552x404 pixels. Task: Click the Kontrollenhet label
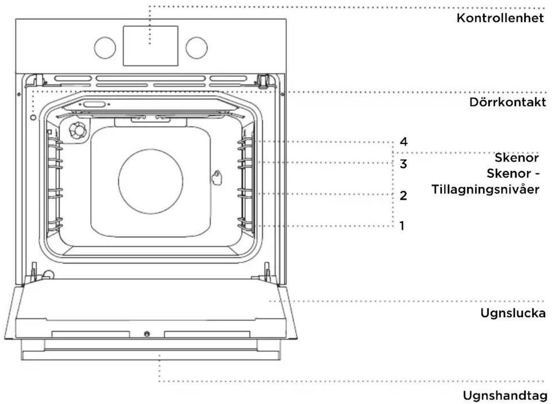coord(500,18)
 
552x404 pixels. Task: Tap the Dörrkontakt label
coord(507,102)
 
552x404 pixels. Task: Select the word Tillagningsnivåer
coord(485,190)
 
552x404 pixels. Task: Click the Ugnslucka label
coord(513,313)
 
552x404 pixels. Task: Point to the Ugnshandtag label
coord(505,395)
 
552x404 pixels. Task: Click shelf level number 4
coord(404,142)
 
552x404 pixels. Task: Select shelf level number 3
coord(403,164)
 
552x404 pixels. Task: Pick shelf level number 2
coord(403,195)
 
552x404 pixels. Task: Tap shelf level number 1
coord(402,226)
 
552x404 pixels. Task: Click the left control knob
coord(105,48)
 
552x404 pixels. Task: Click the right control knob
coord(196,48)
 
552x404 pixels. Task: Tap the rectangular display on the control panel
coord(151,46)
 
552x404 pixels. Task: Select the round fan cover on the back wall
coord(151,181)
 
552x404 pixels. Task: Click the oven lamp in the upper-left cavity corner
coord(78,131)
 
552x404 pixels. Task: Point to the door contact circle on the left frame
coord(33,117)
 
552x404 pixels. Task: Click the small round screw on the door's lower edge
coord(147,334)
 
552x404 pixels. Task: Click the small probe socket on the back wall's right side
coord(217,177)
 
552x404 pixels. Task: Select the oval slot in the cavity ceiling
coord(95,104)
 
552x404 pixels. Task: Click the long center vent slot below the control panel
coord(151,78)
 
